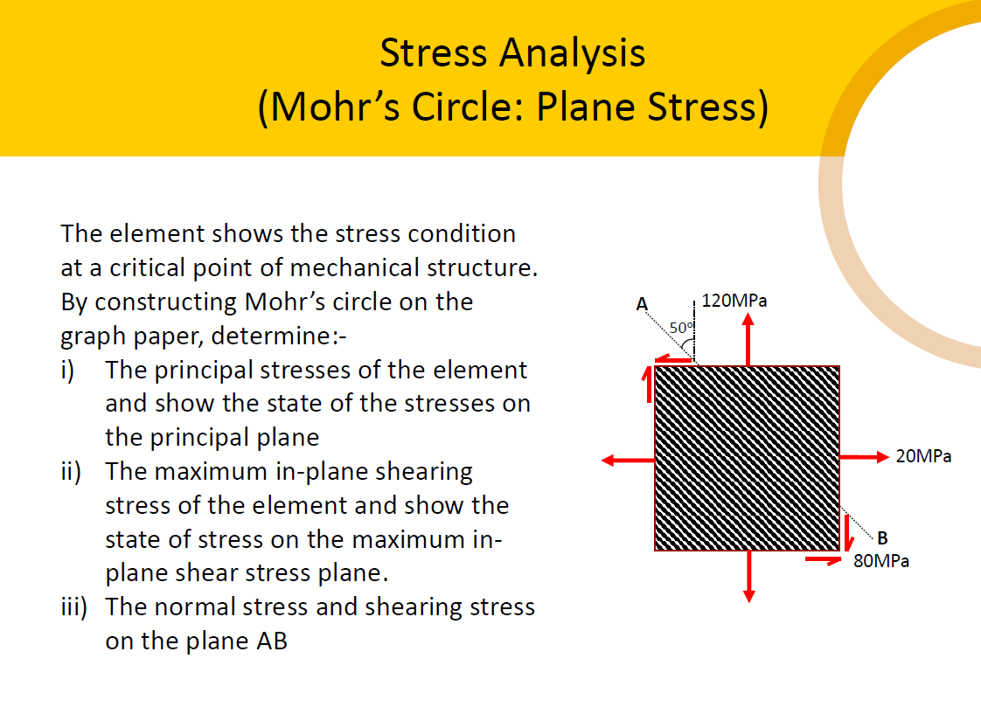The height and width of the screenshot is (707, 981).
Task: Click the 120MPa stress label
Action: coord(734,301)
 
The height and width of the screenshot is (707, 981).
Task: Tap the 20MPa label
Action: coord(923,456)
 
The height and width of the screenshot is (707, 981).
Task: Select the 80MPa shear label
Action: coord(881,561)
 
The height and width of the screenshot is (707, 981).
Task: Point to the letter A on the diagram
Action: coord(641,305)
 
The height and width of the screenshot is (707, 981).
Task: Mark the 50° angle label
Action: coord(681,328)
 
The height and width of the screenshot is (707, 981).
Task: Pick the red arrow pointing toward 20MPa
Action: coord(864,456)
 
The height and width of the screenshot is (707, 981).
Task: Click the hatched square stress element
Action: coord(748,459)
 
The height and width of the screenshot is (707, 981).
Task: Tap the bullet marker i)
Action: coord(70,370)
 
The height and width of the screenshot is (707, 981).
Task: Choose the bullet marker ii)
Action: coord(72,472)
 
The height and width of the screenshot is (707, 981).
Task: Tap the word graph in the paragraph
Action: coord(94,336)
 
